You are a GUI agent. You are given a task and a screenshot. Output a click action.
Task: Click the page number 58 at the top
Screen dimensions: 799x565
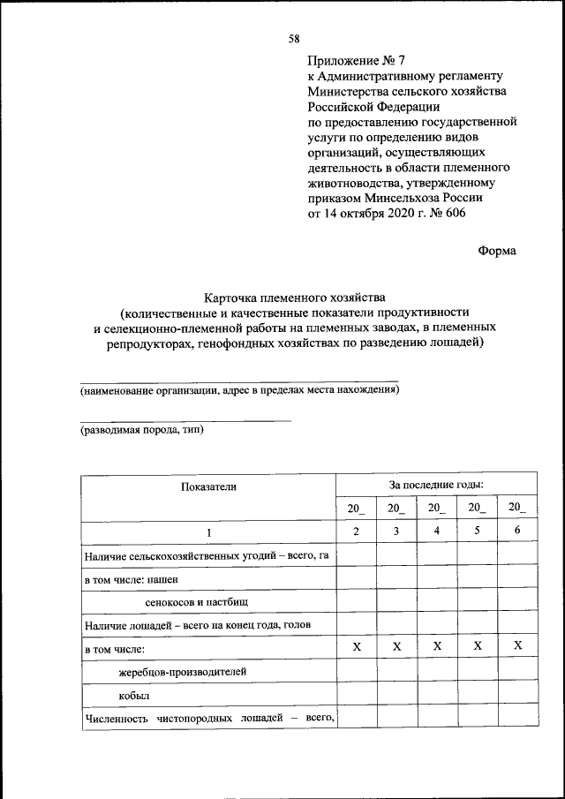294,38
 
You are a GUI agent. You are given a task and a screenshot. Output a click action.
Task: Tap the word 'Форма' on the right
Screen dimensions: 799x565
497,250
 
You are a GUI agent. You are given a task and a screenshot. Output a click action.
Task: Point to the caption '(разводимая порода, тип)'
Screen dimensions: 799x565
142,431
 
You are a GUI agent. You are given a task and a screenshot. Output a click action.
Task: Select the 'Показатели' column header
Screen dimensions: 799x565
209,486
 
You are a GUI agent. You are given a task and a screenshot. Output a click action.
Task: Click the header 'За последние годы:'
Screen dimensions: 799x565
436,485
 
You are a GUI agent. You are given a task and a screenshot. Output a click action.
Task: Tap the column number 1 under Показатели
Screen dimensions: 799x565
209,532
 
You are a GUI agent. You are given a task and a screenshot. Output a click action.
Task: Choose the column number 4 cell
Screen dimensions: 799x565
437,531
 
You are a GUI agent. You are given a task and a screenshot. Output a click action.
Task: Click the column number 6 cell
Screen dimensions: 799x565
517,531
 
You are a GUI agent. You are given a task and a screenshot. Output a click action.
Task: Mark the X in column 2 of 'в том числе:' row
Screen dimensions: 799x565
357,647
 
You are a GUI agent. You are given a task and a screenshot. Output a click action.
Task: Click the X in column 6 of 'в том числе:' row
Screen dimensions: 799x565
517,647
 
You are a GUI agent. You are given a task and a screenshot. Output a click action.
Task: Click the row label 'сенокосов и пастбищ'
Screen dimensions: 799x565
198,602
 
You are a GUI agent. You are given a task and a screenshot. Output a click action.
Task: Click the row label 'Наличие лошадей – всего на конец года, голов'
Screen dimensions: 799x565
198,625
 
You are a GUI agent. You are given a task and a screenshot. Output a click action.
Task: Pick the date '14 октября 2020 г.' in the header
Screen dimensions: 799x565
377,213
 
